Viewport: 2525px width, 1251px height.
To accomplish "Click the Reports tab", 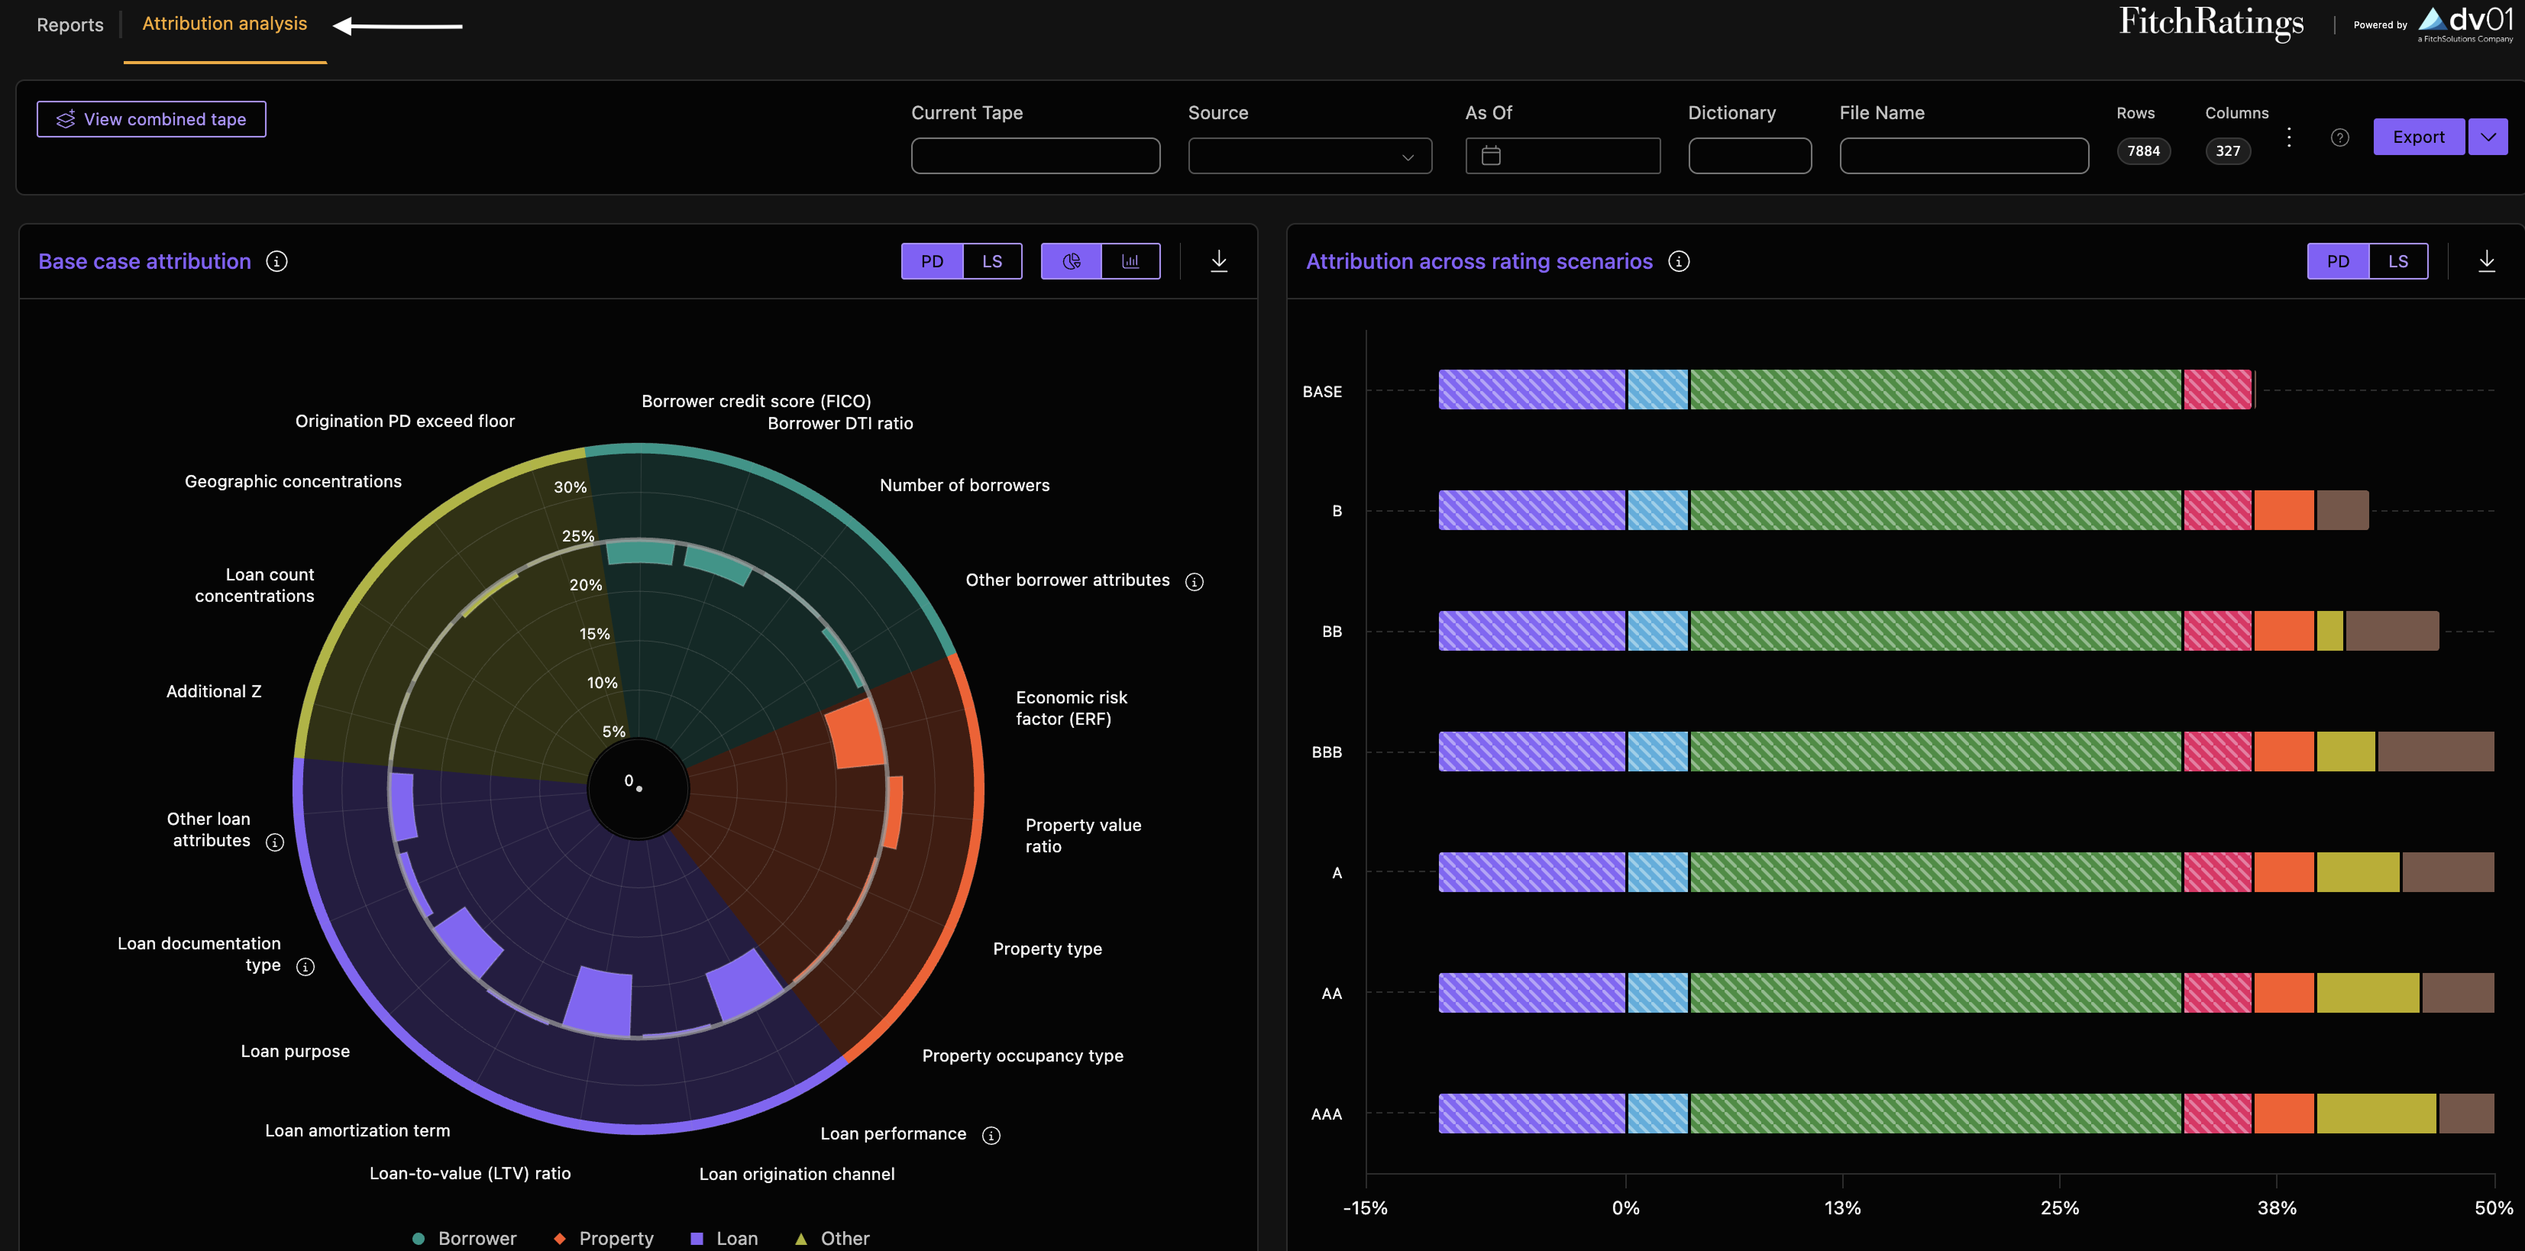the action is pyautogui.click(x=70, y=24).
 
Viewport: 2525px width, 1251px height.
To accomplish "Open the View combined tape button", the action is pyautogui.click(x=151, y=118).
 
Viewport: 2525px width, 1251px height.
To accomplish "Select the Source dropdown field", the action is pyautogui.click(x=1310, y=156).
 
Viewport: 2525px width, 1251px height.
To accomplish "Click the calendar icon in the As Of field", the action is pyautogui.click(x=1491, y=156).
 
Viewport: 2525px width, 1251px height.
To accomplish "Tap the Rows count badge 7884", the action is pyautogui.click(x=2144, y=151).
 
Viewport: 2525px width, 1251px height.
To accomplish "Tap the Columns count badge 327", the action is pyautogui.click(x=2228, y=151).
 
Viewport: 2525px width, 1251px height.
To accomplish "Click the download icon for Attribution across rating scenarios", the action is pyautogui.click(x=2487, y=260).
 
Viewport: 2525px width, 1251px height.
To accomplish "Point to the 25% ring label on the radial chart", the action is pyautogui.click(x=577, y=536).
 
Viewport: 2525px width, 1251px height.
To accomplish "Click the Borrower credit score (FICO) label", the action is pyautogui.click(x=755, y=401).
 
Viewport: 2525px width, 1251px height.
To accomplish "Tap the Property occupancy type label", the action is pyautogui.click(x=1023, y=1056).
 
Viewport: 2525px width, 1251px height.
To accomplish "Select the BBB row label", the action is pyautogui.click(x=1326, y=752).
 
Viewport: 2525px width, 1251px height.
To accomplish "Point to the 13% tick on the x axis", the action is pyautogui.click(x=1843, y=1208).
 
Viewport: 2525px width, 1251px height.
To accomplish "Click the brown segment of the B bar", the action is pyautogui.click(x=2342, y=511).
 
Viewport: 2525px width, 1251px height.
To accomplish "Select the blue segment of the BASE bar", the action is pyautogui.click(x=1658, y=390).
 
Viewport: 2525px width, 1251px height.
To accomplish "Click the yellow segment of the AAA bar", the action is pyautogui.click(x=2376, y=1114).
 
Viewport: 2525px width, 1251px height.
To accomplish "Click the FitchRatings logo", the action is pyautogui.click(x=2211, y=23).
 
